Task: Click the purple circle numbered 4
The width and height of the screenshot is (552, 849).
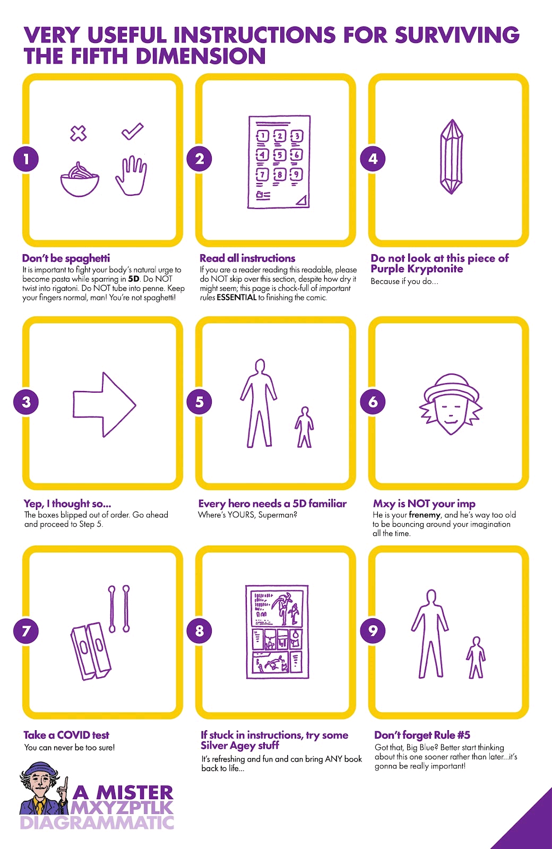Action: point(373,159)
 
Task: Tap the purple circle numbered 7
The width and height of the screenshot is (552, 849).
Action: point(26,631)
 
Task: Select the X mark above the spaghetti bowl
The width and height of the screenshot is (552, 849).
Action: point(78,133)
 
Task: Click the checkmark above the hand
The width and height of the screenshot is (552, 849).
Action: point(132,131)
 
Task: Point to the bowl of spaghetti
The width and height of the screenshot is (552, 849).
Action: point(80,179)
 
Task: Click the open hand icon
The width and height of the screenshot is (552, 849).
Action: point(131,176)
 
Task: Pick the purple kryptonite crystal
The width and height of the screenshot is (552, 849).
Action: point(451,157)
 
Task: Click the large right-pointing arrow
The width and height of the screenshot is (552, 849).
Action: point(104,404)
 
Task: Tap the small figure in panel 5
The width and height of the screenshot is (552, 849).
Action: point(304,427)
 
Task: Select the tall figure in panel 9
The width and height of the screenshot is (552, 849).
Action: point(430,634)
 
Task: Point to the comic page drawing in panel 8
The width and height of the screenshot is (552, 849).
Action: point(277,632)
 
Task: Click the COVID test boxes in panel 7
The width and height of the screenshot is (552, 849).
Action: point(91,651)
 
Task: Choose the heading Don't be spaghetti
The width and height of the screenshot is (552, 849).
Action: point(66,258)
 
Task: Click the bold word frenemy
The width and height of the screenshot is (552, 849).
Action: point(424,515)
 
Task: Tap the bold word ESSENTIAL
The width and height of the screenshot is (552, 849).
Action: point(237,298)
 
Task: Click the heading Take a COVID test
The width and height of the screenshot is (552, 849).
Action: point(66,735)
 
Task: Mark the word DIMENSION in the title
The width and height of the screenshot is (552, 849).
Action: point(201,56)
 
